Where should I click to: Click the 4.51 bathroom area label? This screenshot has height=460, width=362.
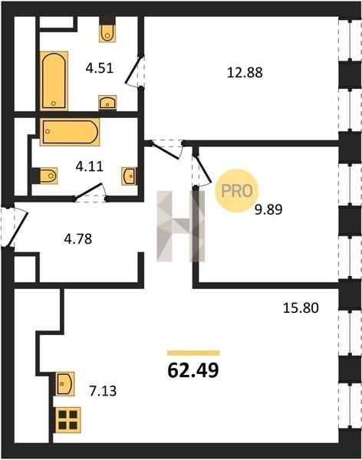pyautogui.click(x=100, y=69)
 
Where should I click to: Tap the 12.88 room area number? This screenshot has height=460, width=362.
pyautogui.click(x=245, y=73)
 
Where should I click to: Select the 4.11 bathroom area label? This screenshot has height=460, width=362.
pyautogui.click(x=90, y=166)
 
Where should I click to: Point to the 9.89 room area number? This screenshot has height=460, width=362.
pyautogui.click(x=268, y=210)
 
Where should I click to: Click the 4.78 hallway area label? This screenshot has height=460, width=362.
pyautogui.click(x=78, y=239)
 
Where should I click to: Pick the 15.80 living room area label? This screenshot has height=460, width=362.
pyautogui.click(x=301, y=308)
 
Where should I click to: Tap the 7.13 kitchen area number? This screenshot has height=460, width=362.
pyautogui.click(x=103, y=391)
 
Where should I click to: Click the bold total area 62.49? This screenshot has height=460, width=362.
pyautogui.click(x=193, y=370)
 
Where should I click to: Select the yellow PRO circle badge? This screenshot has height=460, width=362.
pyautogui.click(x=237, y=191)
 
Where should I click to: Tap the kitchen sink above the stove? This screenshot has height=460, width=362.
pyautogui.click(x=65, y=383)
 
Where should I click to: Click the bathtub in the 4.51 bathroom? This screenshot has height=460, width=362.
pyautogui.click(x=54, y=80)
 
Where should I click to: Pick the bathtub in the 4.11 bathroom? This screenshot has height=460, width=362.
pyautogui.click(x=70, y=132)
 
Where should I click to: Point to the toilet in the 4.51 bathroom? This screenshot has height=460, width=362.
pyautogui.click(x=107, y=33)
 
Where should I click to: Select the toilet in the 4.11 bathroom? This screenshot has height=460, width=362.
pyautogui.click(x=48, y=176)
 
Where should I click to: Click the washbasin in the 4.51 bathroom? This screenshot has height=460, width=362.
pyautogui.click(x=107, y=103)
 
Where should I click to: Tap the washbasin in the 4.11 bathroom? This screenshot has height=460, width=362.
pyautogui.click(x=129, y=176)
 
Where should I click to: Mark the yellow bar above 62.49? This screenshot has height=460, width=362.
pyautogui.click(x=193, y=353)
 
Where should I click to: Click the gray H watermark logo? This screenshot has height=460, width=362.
pyautogui.click(x=180, y=226)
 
